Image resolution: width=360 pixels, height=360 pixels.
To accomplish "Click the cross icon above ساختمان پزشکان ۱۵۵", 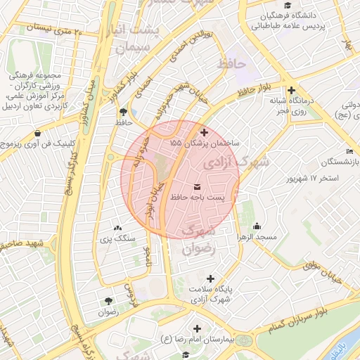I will pyautogui.click(x=204, y=132).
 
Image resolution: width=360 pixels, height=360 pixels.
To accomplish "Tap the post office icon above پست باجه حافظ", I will pyautogui.click(x=195, y=186).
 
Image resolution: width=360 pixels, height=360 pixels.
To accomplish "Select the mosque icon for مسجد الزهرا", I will pyautogui.click(x=257, y=226).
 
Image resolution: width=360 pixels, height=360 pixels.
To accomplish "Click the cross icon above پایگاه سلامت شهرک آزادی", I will pyautogui.click(x=210, y=279).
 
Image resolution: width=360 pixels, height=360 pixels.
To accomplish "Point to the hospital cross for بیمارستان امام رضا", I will pyautogui.click(x=196, y=328).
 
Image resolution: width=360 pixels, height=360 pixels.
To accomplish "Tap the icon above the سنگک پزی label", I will pyautogui.click(x=117, y=229).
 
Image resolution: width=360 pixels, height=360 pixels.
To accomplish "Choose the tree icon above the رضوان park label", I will pyautogui.click(x=108, y=300).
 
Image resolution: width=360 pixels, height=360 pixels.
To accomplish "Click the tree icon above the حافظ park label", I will pyautogui.click(x=124, y=111).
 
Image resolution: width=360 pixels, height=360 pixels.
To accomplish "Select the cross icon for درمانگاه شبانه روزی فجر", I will pyautogui.click(x=291, y=90).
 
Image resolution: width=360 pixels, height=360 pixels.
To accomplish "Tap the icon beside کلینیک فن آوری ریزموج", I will pyautogui.click(x=37, y=132).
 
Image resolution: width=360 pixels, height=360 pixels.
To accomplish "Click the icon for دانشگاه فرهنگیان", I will pyautogui.click(x=267, y=15).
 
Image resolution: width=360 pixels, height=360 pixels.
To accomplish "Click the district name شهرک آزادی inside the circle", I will pyautogui.click(x=236, y=162).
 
